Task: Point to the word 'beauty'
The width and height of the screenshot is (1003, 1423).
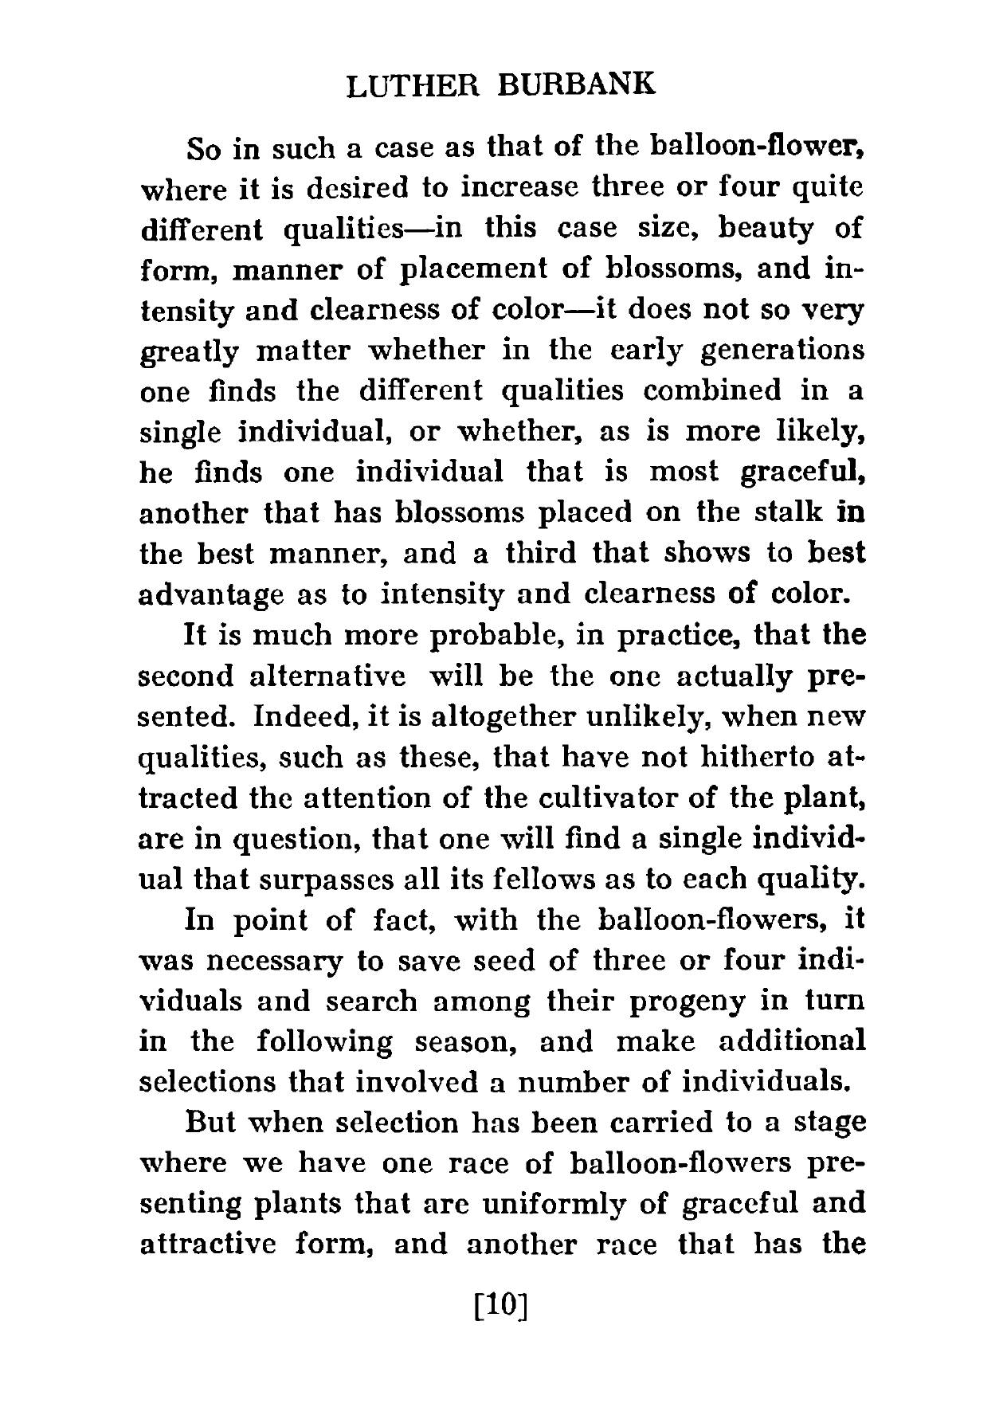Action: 770,229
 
